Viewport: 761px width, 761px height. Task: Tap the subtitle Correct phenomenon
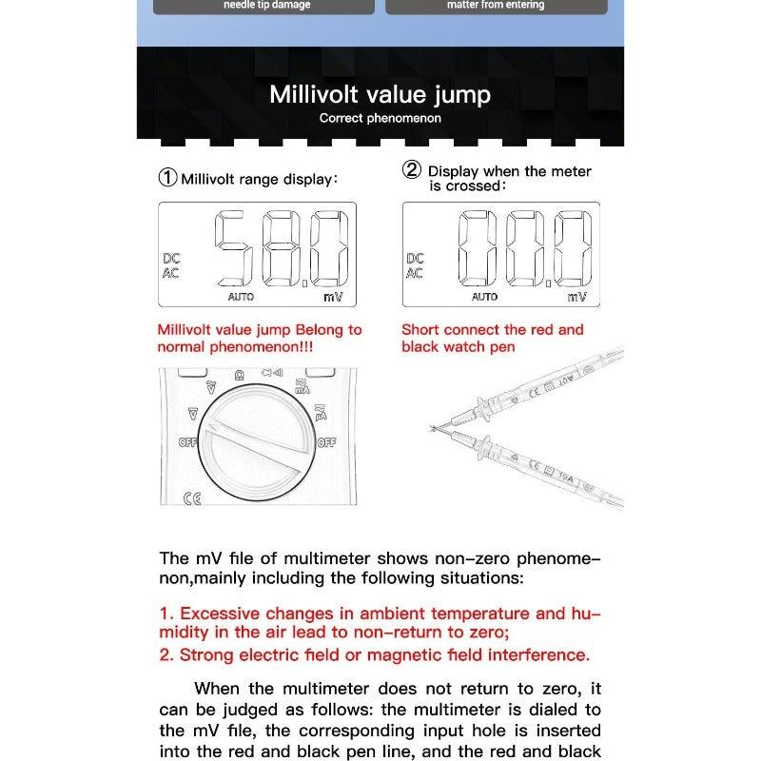point(380,119)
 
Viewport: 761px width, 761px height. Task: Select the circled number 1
point(167,178)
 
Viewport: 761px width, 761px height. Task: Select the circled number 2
point(412,171)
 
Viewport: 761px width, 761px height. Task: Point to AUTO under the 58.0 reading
point(241,297)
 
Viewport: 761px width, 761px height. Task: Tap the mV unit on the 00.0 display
point(576,297)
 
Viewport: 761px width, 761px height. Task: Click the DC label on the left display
point(171,258)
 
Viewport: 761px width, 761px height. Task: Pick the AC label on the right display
point(415,273)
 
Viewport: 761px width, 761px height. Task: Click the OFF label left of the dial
point(188,442)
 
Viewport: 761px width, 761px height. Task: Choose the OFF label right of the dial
point(326,442)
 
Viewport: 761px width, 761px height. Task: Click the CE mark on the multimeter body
point(190,498)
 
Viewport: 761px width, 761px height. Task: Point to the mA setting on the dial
point(302,385)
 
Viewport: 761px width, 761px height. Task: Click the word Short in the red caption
point(421,330)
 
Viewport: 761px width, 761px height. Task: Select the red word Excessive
point(220,614)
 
